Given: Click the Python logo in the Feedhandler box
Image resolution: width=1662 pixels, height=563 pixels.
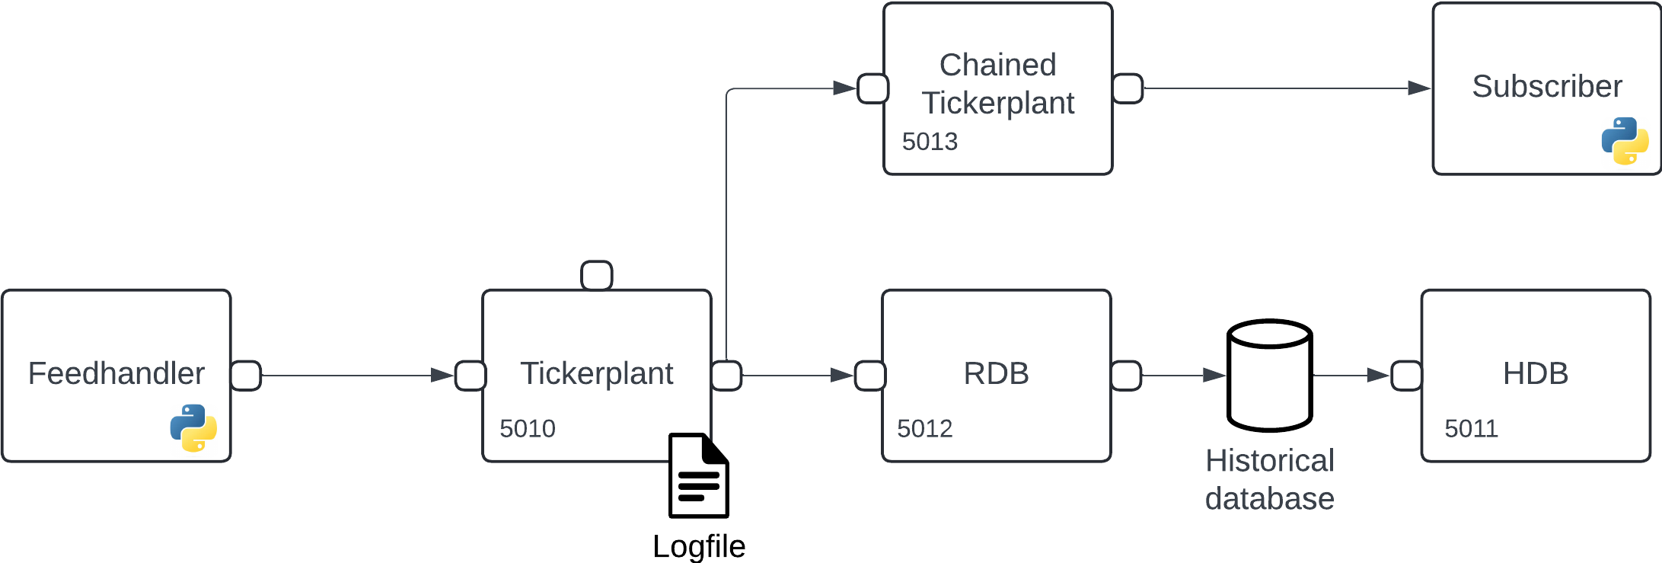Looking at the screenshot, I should [193, 427].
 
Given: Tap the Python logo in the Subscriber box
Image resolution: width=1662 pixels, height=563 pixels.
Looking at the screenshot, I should [1625, 141].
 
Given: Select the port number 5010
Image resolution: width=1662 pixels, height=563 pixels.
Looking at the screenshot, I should [528, 429].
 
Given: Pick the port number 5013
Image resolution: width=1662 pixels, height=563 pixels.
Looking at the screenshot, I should [930, 142].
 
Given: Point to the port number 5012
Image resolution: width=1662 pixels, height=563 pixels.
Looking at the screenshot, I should [924, 429].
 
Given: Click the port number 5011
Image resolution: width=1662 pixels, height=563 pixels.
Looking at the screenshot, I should [1471, 429].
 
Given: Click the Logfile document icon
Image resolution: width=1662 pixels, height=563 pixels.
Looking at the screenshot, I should [698, 475].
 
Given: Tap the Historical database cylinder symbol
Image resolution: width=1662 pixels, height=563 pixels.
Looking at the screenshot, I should [1270, 375].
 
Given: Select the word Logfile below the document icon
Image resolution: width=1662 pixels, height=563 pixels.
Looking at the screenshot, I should [699, 546].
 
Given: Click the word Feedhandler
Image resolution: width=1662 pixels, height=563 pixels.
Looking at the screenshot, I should [116, 373].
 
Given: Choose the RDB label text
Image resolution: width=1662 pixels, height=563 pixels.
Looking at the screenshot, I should [996, 373].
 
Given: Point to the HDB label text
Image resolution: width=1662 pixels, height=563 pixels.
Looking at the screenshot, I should [1535, 373].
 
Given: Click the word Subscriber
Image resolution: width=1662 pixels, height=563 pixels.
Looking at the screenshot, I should [1547, 86].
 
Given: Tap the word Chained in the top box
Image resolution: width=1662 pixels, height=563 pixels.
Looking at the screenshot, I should [997, 65].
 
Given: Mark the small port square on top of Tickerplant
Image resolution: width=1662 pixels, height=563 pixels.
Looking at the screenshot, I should [597, 275].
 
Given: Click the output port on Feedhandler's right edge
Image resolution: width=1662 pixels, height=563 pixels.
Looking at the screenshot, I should [246, 376].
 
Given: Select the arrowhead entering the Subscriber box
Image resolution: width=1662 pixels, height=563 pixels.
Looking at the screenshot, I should [1418, 88].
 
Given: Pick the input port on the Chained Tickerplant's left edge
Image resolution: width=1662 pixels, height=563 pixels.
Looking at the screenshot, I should [872, 88].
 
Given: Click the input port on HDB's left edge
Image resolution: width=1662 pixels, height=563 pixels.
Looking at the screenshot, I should [1406, 376].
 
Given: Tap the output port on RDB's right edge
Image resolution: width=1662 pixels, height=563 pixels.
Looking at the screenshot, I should [1126, 376].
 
